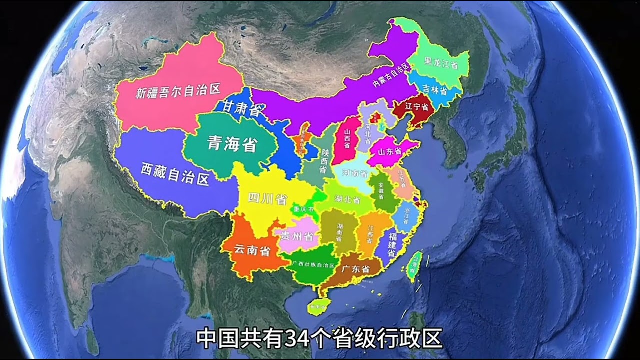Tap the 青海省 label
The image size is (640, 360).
point(233,144)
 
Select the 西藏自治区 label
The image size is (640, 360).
point(175,173)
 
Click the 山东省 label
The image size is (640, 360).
point(390,151)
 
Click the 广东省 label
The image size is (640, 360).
point(355,269)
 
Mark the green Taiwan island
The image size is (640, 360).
point(413,265)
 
